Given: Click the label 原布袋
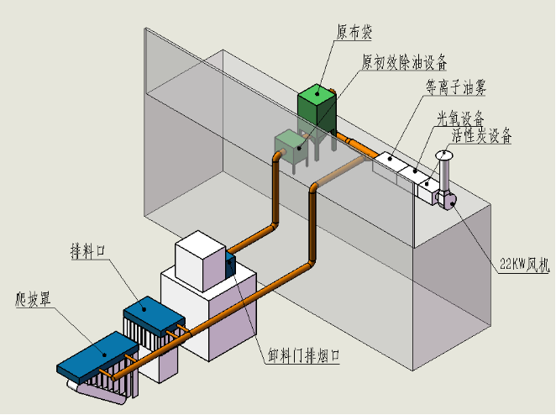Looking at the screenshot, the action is tap(354, 32).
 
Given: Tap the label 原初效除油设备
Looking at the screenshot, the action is tap(404, 62).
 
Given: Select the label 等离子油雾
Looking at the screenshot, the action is tap(456, 87).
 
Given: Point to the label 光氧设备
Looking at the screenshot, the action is tap(460, 118).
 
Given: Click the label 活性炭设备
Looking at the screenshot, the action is tap(481, 134).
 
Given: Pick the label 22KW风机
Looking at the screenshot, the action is tap(524, 265).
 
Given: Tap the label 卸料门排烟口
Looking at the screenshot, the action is tap(304, 355).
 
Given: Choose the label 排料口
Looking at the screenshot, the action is tap(88, 251).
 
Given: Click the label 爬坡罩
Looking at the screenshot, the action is tap(34, 299).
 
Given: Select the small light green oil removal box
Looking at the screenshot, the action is tap(291, 147).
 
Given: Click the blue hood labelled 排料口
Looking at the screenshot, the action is tap(154, 315).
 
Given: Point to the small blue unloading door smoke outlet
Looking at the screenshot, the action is tap(230, 265).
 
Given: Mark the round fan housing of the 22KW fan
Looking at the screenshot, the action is tap(447, 200).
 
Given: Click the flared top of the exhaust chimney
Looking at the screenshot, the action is tap(444, 155).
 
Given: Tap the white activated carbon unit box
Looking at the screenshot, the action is tap(429, 191).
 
